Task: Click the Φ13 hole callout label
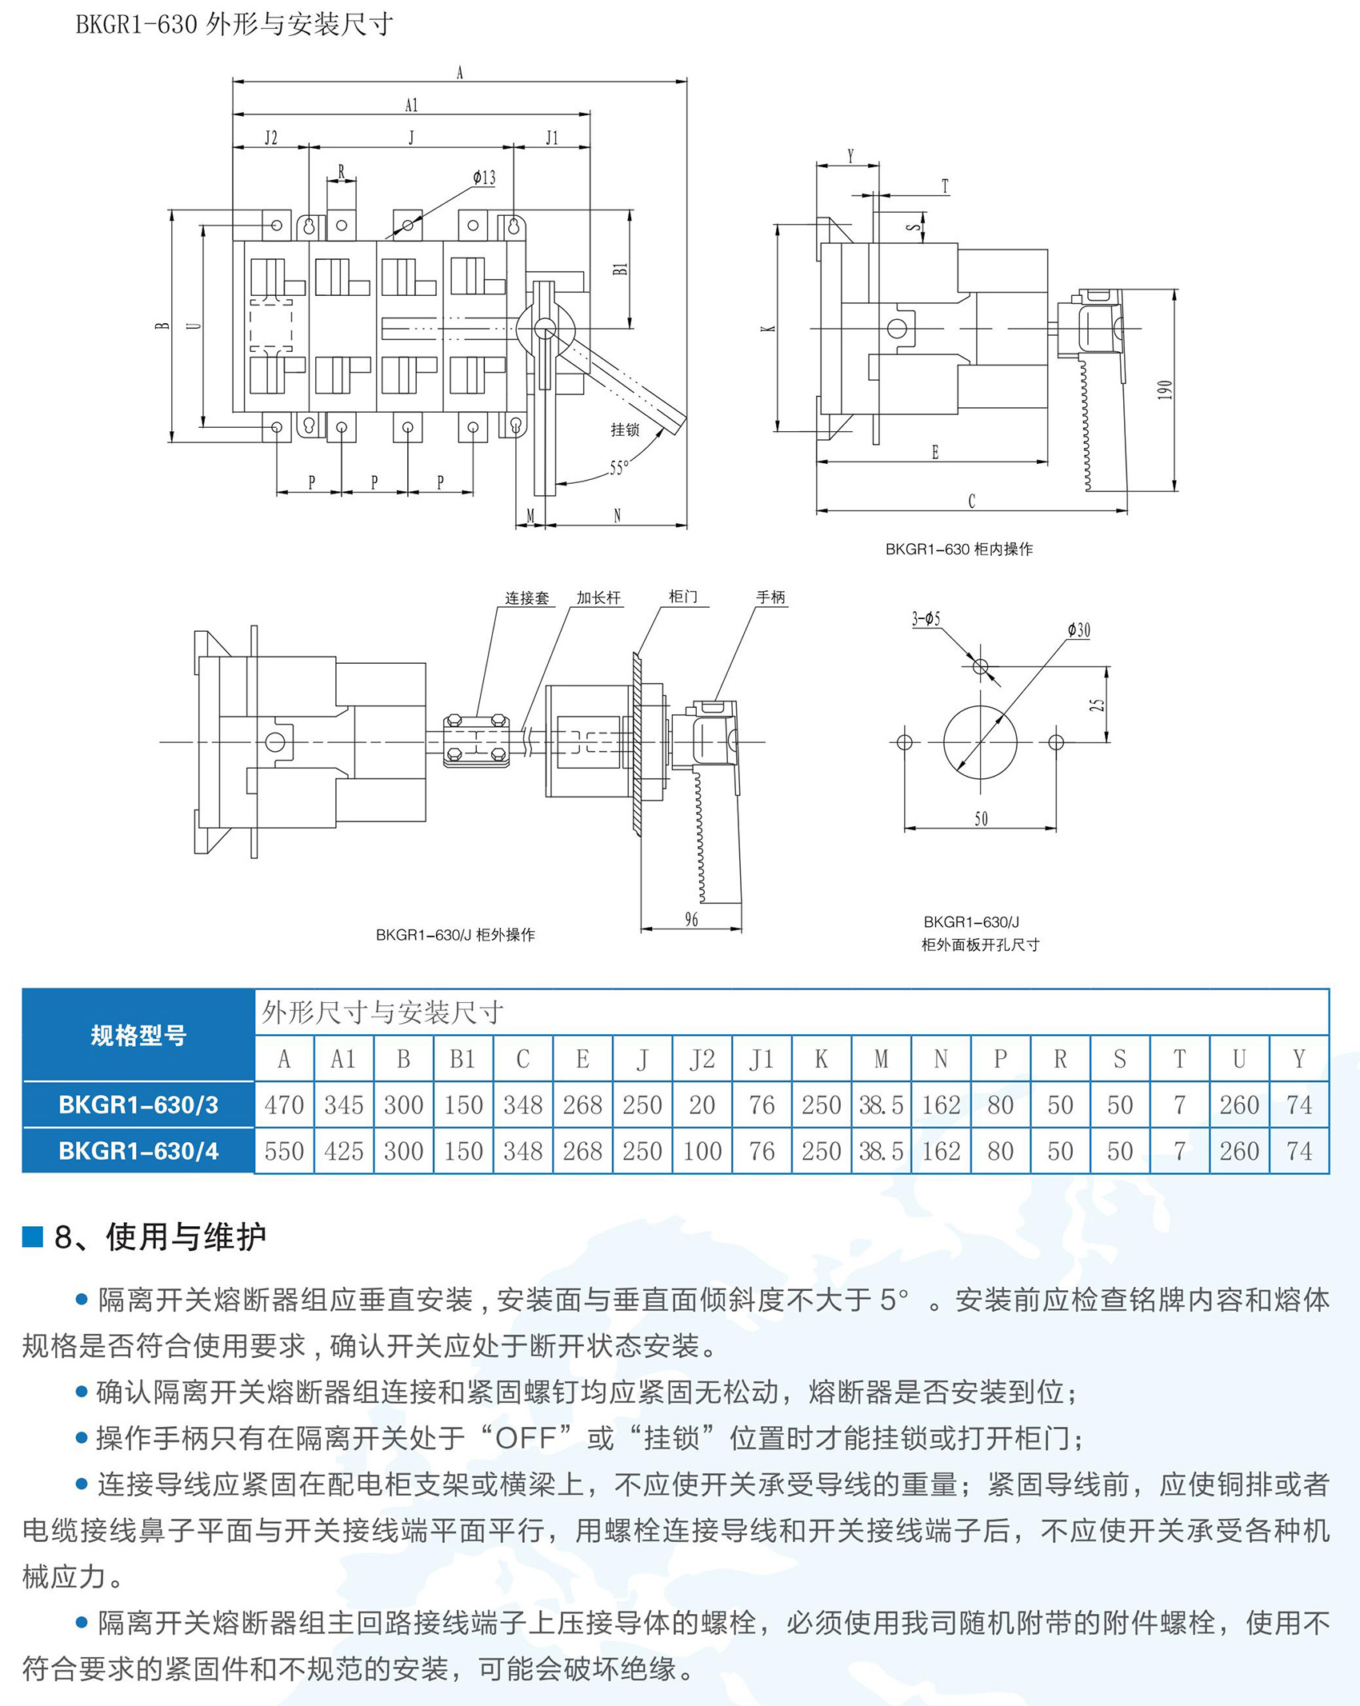coord(484,178)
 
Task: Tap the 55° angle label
coord(619,468)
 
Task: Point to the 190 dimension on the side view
coord(1165,390)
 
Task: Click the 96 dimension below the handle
coord(691,920)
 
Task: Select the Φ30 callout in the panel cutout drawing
coord(1078,630)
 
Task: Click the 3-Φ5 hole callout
coord(926,618)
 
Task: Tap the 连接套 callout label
coord(526,597)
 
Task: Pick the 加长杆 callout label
coord(598,597)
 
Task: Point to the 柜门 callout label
coord(682,597)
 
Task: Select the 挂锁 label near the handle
coord(625,429)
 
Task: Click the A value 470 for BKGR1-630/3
coord(284,1105)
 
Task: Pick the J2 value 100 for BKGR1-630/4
coord(702,1151)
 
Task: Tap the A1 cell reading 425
coord(343,1151)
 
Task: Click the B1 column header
coord(462,1059)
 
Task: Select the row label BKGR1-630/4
coord(138,1151)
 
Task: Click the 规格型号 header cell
coord(138,1035)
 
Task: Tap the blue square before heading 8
coord(32,1237)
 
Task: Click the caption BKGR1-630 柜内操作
coord(958,549)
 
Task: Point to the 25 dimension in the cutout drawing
coord(1097,705)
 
